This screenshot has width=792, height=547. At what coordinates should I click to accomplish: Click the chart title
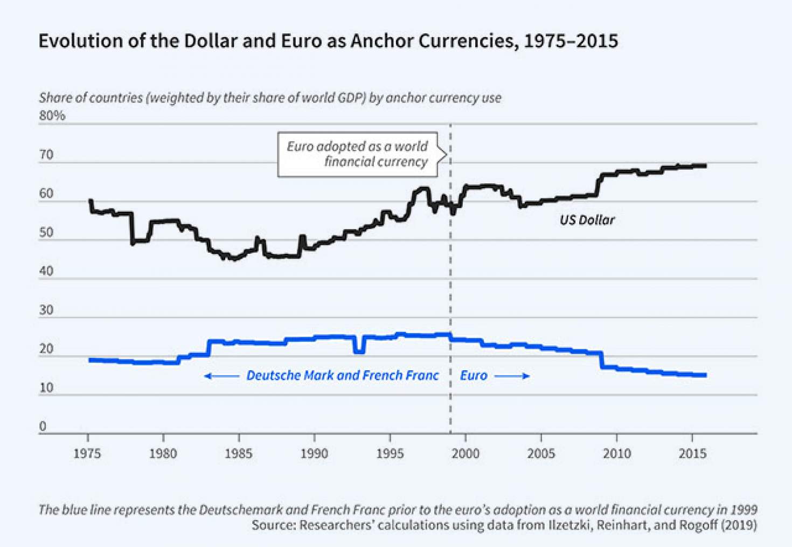328,41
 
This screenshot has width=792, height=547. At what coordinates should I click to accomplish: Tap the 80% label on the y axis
52,116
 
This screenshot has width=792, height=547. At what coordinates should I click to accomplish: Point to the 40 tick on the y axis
46,271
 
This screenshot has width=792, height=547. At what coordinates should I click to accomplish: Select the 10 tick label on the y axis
46,387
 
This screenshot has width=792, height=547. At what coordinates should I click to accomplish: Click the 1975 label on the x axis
87,454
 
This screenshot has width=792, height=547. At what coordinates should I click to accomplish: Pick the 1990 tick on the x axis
314,454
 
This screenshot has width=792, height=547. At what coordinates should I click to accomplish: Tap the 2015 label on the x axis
692,454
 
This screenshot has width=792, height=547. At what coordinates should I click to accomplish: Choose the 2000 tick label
466,454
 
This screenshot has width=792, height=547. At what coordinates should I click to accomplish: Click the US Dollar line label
587,220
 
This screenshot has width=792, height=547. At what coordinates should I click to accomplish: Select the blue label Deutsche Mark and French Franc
343,376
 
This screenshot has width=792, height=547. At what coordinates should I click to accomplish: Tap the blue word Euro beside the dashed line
474,376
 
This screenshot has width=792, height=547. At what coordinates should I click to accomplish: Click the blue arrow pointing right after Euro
512,376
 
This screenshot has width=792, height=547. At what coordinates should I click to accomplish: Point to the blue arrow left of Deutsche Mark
221,376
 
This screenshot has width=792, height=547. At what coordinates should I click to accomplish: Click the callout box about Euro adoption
358,154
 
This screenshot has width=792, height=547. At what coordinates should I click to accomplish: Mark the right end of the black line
705,165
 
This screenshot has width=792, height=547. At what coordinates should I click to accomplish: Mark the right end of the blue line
705,375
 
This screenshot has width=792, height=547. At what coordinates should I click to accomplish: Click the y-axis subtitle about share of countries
270,98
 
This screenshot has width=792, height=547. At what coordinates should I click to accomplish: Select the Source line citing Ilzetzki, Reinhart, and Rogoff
504,525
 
